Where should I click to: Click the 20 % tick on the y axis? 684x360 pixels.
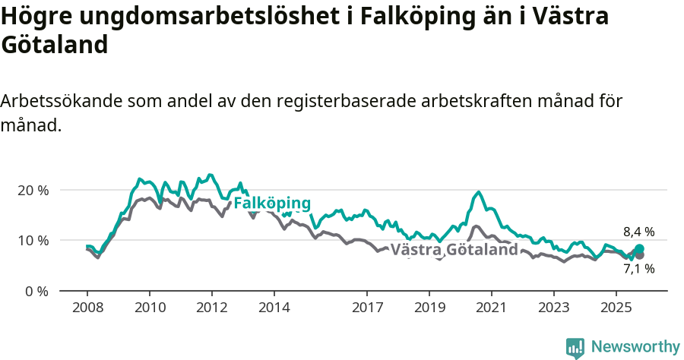click(x=33, y=190)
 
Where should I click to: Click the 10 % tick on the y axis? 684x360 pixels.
click(x=33, y=240)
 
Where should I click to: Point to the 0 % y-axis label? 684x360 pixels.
click(x=36, y=291)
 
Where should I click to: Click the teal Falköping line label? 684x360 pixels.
click(x=272, y=204)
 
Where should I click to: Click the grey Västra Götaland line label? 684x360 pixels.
click(x=454, y=250)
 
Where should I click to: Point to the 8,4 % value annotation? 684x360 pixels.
click(x=638, y=232)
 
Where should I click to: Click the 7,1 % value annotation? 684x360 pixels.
click(x=638, y=268)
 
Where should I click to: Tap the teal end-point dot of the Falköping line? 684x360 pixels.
click(x=639, y=249)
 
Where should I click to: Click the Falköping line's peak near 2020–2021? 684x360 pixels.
click(x=478, y=192)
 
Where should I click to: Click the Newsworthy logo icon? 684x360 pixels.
click(x=575, y=347)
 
